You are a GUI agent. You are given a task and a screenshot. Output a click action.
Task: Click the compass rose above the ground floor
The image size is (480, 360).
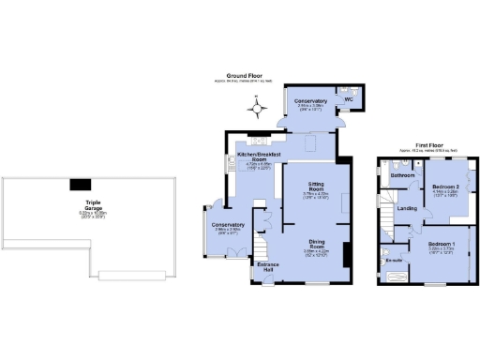(x=256, y=110)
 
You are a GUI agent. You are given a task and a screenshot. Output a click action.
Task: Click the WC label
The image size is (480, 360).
(x=349, y=97)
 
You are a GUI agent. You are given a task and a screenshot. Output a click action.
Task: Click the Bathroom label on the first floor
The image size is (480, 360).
(x=403, y=175)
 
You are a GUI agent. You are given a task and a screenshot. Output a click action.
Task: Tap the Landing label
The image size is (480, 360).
(x=407, y=207)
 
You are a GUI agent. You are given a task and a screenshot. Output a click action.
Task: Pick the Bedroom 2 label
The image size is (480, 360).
(x=445, y=188)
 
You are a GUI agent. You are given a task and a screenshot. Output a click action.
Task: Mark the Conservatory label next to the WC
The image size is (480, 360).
(x=310, y=101)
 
